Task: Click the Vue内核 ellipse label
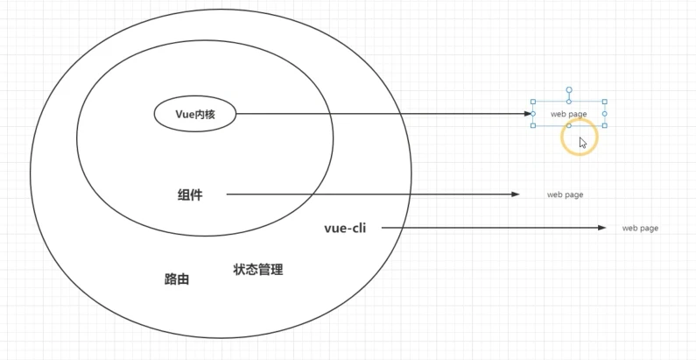[x=195, y=114]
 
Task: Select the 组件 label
[x=189, y=194]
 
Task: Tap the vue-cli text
[x=345, y=228]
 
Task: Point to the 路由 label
[x=177, y=279]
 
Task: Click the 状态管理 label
[x=258, y=270]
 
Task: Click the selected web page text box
[x=569, y=114]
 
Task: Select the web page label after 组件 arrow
[x=566, y=194]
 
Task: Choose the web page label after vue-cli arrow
[x=640, y=228]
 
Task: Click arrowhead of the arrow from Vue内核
[x=529, y=114]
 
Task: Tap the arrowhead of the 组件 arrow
[x=516, y=194]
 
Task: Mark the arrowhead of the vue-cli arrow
[x=601, y=228]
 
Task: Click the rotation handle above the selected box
[x=569, y=89]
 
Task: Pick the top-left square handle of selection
[x=533, y=102]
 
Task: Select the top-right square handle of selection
[x=605, y=102]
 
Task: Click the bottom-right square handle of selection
[x=605, y=125]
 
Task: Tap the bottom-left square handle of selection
[x=533, y=125]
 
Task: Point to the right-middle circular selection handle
[x=605, y=114]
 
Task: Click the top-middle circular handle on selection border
[x=569, y=102]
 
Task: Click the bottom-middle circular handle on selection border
[x=569, y=125]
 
